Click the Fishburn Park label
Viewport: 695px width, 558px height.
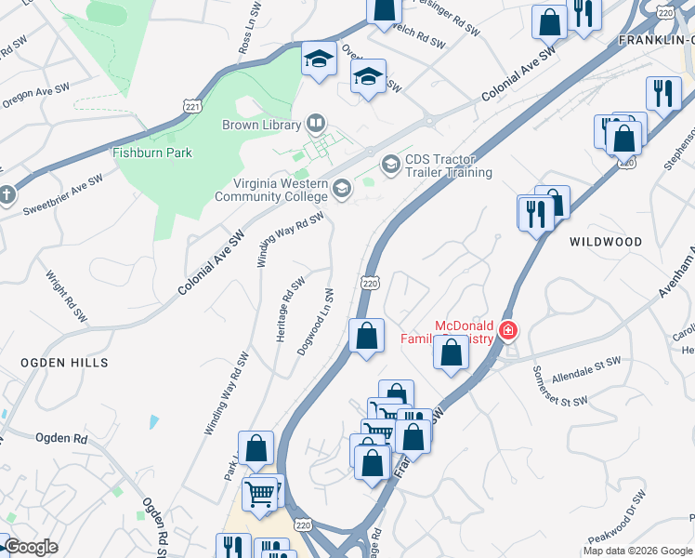pos(151,153)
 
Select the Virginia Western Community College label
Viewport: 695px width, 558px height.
pos(271,190)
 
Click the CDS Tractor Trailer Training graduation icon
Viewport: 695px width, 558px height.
pos(390,165)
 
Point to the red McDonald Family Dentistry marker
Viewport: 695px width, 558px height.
pos(507,330)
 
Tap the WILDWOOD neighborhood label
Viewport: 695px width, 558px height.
pos(605,242)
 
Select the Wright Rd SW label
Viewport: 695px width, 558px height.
pos(58,291)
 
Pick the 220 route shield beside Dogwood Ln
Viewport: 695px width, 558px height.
pos(370,282)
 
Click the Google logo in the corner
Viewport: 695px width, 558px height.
pos(31,548)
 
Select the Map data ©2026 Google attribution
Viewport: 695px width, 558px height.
pos(637,551)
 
